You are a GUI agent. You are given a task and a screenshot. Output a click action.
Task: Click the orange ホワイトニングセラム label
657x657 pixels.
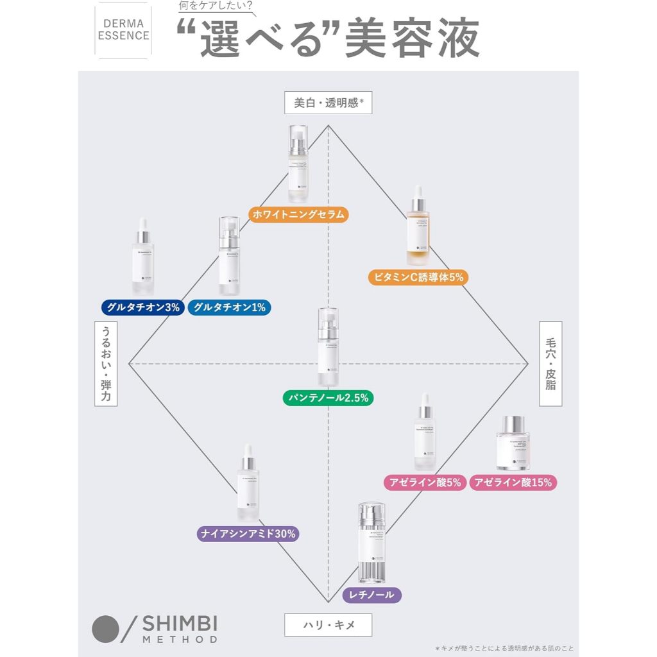point(298,214)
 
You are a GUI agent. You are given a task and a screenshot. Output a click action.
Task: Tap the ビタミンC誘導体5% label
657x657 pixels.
point(416,277)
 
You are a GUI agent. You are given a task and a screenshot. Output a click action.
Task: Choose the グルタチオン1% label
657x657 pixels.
point(229,307)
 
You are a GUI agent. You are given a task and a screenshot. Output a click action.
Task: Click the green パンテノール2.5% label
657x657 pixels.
point(328,398)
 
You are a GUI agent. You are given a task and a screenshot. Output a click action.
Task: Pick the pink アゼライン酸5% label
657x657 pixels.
point(424,482)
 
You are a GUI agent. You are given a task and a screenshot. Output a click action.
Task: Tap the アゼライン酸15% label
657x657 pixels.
point(513,482)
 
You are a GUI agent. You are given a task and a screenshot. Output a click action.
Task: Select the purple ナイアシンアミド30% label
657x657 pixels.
point(248,533)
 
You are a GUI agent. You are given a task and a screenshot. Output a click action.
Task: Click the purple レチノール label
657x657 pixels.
point(372,595)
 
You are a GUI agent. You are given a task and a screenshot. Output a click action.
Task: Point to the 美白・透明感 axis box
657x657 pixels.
point(328,102)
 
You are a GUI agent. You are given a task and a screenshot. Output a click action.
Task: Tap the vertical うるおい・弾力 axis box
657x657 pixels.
point(107,364)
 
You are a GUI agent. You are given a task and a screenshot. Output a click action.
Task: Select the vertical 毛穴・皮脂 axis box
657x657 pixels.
point(550,364)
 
